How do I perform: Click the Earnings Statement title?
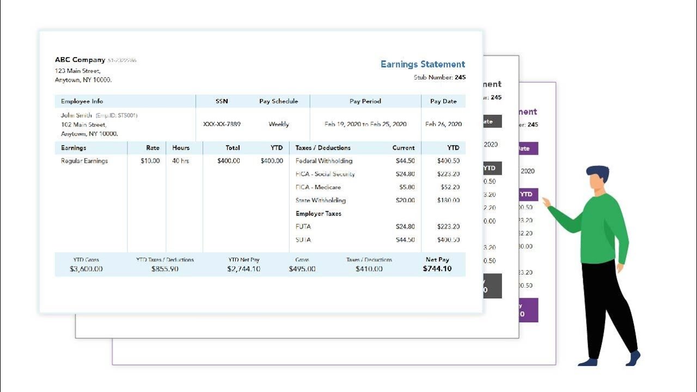click(x=423, y=64)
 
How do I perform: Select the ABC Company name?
click(x=80, y=60)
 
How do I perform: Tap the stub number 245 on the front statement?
click(x=460, y=77)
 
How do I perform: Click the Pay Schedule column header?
click(x=278, y=101)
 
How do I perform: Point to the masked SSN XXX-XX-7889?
click(x=222, y=124)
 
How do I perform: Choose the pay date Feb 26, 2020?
click(x=443, y=124)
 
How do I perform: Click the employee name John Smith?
click(x=76, y=115)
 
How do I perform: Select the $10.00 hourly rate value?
click(x=150, y=161)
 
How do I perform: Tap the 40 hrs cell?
click(x=181, y=161)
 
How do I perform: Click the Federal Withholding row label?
click(x=323, y=161)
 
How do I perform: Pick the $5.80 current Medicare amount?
click(x=407, y=187)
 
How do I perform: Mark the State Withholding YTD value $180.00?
click(x=448, y=200)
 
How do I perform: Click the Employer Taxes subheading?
click(x=318, y=214)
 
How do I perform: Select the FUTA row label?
click(x=303, y=226)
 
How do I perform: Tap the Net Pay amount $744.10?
click(x=437, y=269)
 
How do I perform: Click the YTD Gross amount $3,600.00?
click(x=86, y=269)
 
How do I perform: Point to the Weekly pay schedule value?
click(x=279, y=124)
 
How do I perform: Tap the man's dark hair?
click(x=597, y=173)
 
